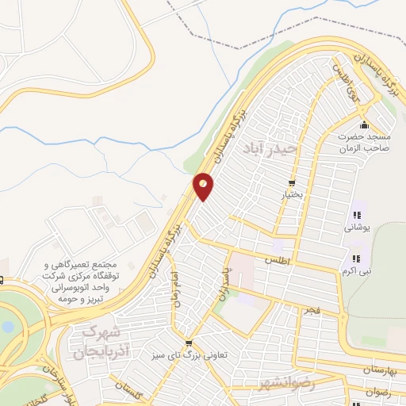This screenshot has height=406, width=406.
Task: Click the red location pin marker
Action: (204, 186)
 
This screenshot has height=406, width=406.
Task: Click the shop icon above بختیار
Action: (293, 182)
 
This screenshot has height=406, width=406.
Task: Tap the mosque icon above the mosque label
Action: (364, 126)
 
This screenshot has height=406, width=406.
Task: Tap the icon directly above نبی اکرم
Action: (355, 259)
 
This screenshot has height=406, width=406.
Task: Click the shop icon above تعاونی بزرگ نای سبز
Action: (187, 342)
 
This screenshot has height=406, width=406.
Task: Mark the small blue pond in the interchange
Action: (8, 326)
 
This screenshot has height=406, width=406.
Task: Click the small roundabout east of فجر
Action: (341, 320)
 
